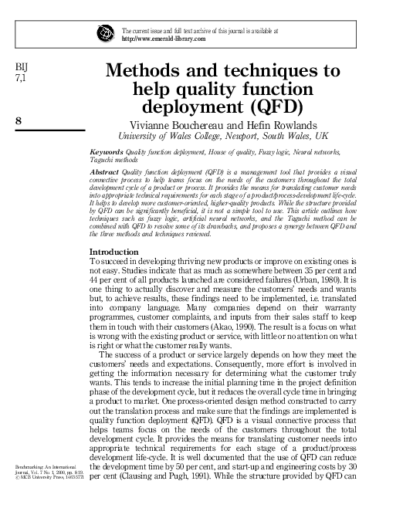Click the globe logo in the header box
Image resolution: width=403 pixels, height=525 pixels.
click(106, 34)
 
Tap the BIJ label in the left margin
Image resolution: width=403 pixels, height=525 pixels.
click(22, 68)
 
